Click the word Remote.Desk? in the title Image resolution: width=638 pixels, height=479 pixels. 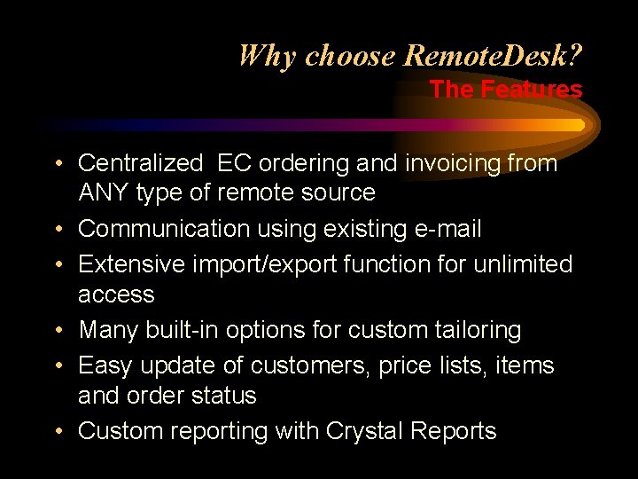(493, 57)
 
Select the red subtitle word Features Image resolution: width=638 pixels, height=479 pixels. (532, 90)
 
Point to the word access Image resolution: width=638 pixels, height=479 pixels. (116, 294)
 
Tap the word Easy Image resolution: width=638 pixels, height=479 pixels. (105, 365)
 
